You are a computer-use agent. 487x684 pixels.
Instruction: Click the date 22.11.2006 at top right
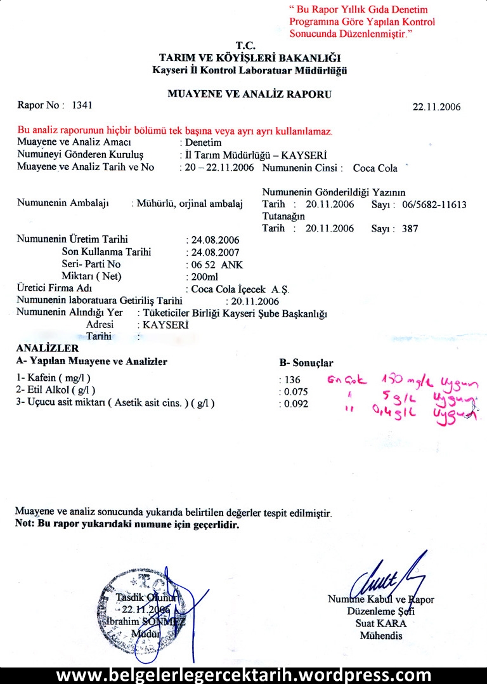tap(436, 107)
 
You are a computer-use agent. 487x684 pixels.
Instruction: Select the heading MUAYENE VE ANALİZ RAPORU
tap(250, 94)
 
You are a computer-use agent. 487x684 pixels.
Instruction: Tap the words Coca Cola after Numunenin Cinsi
tap(375, 168)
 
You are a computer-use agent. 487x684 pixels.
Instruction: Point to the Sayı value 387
tap(410, 228)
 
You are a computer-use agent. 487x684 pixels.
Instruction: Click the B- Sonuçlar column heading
tap(306, 363)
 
